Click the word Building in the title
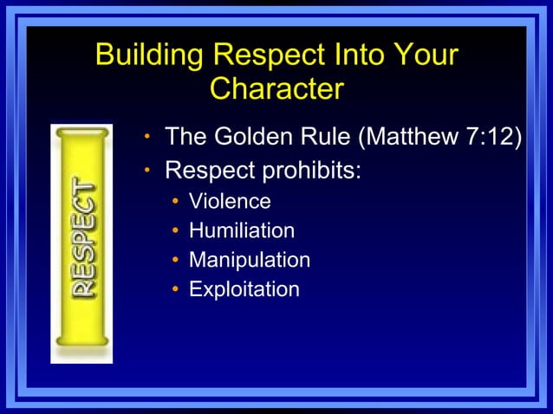[x=150, y=55]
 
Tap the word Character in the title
[x=276, y=88]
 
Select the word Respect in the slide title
[x=265, y=55]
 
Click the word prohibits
[x=310, y=169]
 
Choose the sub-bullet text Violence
[x=230, y=202]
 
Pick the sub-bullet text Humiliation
[x=242, y=231]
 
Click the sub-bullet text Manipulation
[x=250, y=260]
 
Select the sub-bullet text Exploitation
[x=244, y=289]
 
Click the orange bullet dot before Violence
[x=175, y=203]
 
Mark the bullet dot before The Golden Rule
[x=148, y=138]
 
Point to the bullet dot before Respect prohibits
[x=148, y=170]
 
